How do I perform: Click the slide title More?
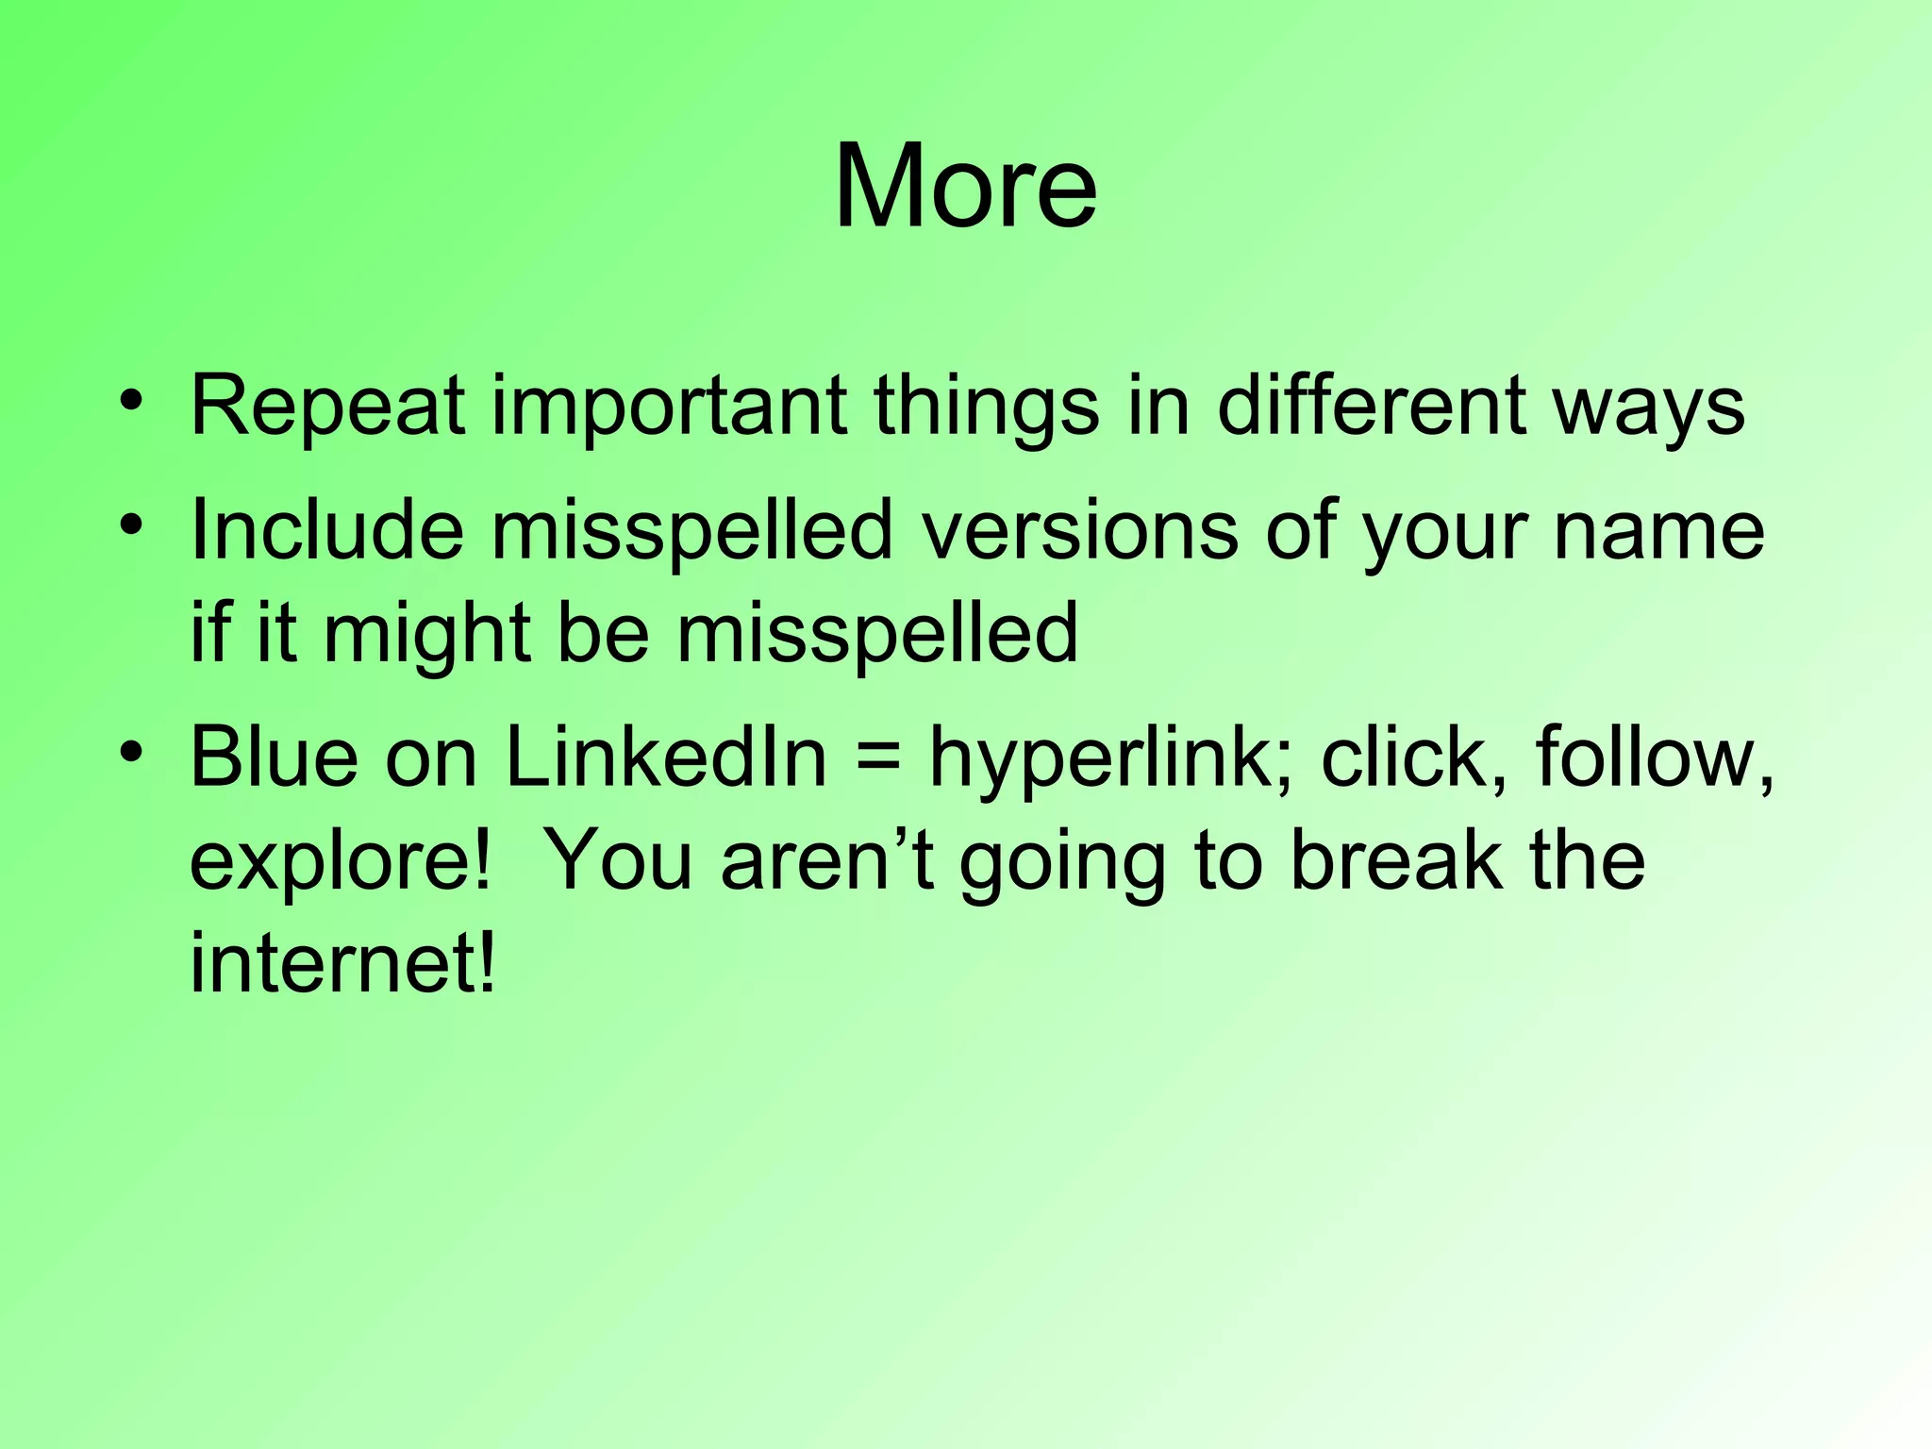(965, 186)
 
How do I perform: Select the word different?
(1371, 406)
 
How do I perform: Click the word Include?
(326, 529)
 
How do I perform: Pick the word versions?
(1079, 529)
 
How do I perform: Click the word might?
(426, 635)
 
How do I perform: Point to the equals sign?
(878, 759)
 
